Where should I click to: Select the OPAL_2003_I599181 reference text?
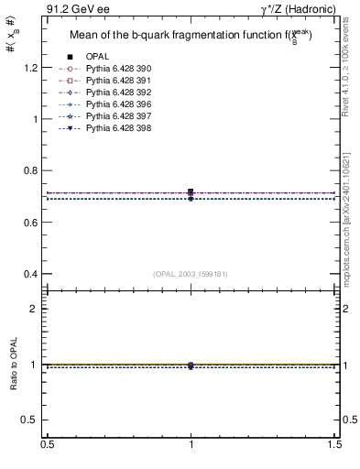[191, 273]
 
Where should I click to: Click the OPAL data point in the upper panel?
[191, 192]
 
